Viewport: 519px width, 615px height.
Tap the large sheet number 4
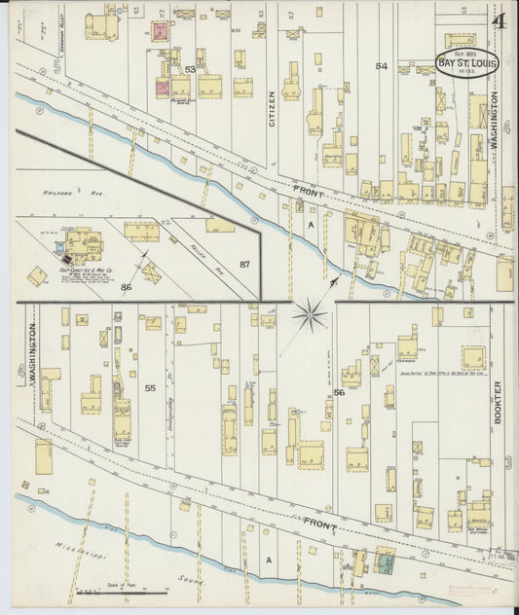(499, 22)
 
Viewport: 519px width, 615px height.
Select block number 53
(190, 70)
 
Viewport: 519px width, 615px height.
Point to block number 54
(381, 66)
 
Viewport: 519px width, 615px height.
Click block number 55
(150, 388)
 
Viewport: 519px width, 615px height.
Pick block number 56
(339, 392)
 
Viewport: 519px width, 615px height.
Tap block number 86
(126, 287)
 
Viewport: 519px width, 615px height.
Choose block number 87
(244, 265)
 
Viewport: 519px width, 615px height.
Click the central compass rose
(311, 313)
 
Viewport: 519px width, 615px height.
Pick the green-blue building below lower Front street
(386, 561)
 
